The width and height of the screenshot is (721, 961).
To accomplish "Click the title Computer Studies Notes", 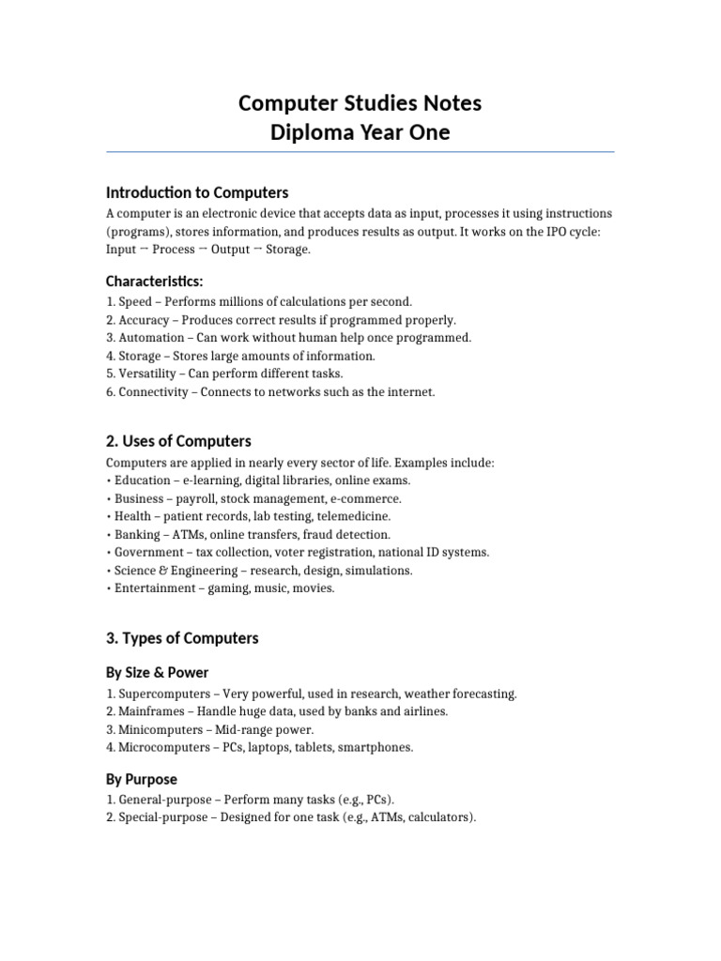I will (360, 102).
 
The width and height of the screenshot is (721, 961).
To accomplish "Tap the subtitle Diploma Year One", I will (360, 132).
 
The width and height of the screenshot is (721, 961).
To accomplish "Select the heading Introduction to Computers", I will (197, 192).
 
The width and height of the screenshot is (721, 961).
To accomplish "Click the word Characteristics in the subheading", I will (153, 281).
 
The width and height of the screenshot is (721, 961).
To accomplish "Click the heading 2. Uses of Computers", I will (178, 441).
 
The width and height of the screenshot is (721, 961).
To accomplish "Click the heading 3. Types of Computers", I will (182, 638).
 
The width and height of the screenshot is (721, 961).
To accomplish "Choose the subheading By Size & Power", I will (158, 672).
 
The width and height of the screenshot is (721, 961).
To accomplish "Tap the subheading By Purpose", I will (142, 779).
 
